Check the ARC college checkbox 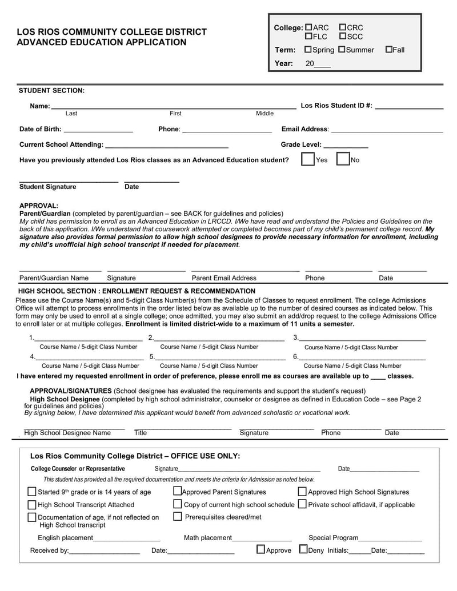pyautogui.click(x=309, y=27)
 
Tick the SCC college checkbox pyautogui.click(x=343, y=37)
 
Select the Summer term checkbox pyautogui.click(x=342, y=50)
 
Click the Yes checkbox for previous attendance pyautogui.click(x=307, y=159)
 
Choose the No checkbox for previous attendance pyautogui.click(x=343, y=159)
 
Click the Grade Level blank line pyautogui.click(x=346, y=146)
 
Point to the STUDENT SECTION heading pyautogui.click(x=51, y=90)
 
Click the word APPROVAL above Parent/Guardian pyautogui.click(x=39, y=206)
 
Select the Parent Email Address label pyautogui.click(x=224, y=278)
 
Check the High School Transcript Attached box pyautogui.click(x=32, y=504)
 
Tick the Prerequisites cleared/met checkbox pyautogui.click(x=177, y=517)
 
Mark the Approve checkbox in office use pyautogui.click(x=260, y=550)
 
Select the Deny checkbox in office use pyautogui.click(x=303, y=550)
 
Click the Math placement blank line pyautogui.click(x=262, y=538)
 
